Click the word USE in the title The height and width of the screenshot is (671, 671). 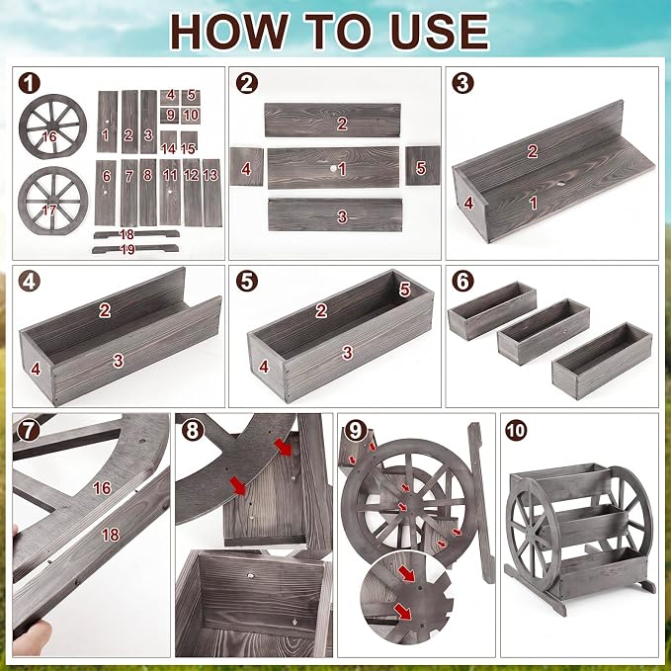440,32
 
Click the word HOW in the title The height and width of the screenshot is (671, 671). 229,32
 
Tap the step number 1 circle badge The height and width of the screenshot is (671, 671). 29,83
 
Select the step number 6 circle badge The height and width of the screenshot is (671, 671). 462,282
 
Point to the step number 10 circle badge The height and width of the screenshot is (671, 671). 516,430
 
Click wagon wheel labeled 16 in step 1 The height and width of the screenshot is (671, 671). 52,126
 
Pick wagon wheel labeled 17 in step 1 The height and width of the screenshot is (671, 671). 53,201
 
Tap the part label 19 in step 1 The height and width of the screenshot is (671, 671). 127,249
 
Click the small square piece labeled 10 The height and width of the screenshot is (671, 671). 191,116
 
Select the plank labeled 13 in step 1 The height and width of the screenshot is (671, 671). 211,193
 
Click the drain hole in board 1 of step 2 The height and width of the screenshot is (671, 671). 332,169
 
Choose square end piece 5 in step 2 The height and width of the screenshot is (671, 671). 423,166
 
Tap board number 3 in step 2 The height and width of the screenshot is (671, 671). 335,214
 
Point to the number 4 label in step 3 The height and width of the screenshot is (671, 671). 468,203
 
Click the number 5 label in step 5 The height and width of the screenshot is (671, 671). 405,291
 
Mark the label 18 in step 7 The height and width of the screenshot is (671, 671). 111,535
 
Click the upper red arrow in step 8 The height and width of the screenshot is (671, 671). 283,448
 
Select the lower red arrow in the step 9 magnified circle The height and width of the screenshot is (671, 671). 403,612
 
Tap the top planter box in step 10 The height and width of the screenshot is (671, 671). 560,481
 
